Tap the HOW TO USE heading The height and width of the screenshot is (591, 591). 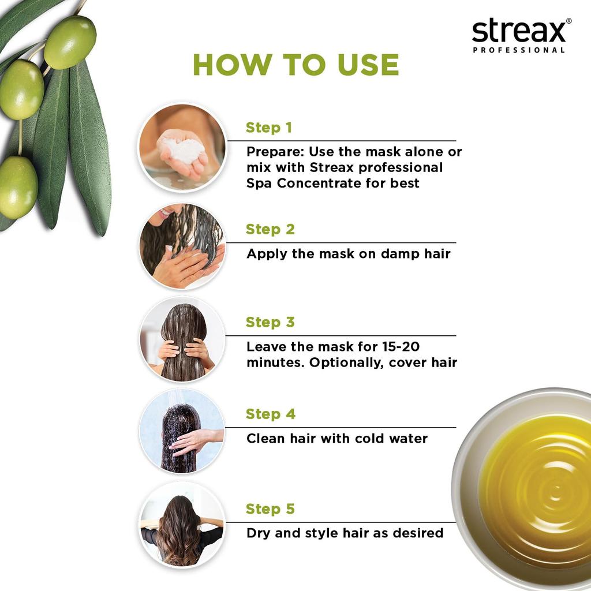click(x=295, y=65)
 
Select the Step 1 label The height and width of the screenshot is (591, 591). click(x=268, y=128)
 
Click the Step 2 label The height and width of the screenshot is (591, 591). click(x=270, y=229)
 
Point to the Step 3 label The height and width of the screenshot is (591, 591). click(x=270, y=322)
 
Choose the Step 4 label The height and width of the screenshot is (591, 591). click(x=270, y=414)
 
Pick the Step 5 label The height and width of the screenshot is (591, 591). click(x=270, y=509)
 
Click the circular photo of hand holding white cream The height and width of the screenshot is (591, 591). click(x=182, y=147)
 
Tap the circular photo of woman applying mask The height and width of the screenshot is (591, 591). click(x=182, y=246)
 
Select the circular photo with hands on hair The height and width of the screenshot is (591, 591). click(x=182, y=340)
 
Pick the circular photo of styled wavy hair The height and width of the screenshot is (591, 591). click(x=182, y=525)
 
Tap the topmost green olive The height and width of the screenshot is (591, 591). click(x=70, y=42)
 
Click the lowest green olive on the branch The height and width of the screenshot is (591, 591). click(x=17, y=187)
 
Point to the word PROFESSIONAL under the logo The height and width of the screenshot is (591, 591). click(x=518, y=50)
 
